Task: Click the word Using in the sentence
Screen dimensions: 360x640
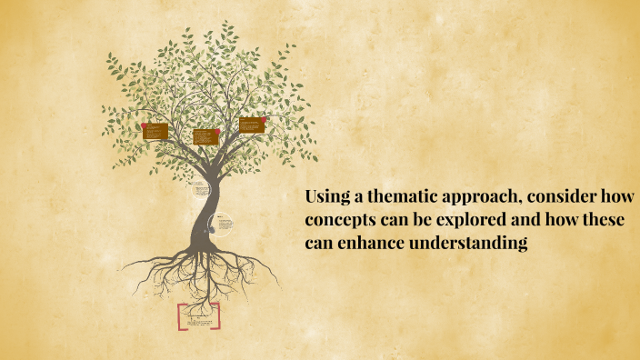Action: (x=323, y=198)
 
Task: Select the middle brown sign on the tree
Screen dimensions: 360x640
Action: (x=205, y=136)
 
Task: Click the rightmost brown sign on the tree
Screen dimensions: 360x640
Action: (x=252, y=125)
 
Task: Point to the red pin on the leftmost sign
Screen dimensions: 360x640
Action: (x=145, y=126)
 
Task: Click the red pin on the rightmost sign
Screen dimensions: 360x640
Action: (x=263, y=120)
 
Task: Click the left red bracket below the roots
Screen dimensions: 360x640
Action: (x=180, y=316)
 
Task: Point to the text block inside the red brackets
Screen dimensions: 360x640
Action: (x=199, y=317)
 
